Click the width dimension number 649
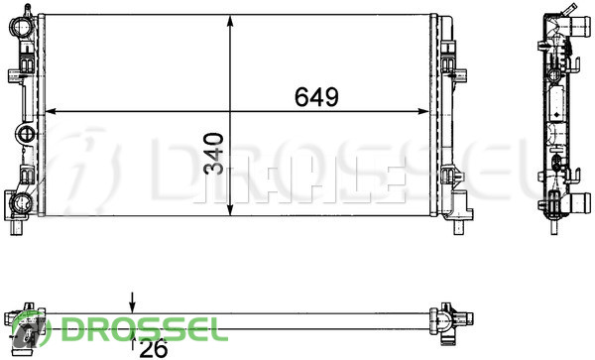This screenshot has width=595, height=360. (x=316, y=97)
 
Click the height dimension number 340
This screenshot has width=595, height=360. (x=213, y=154)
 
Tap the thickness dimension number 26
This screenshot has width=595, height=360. (x=154, y=348)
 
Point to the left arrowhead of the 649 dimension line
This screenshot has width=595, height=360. (x=51, y=111)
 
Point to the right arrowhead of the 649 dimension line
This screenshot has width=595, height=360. (x=423, y=111)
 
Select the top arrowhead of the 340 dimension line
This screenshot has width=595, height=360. (x=230, y=21)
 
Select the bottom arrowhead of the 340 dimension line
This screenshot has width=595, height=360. (x=230, y=210)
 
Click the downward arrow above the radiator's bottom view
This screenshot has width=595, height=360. (x=132, y=302)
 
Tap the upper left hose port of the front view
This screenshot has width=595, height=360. (x=20, y=26)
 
